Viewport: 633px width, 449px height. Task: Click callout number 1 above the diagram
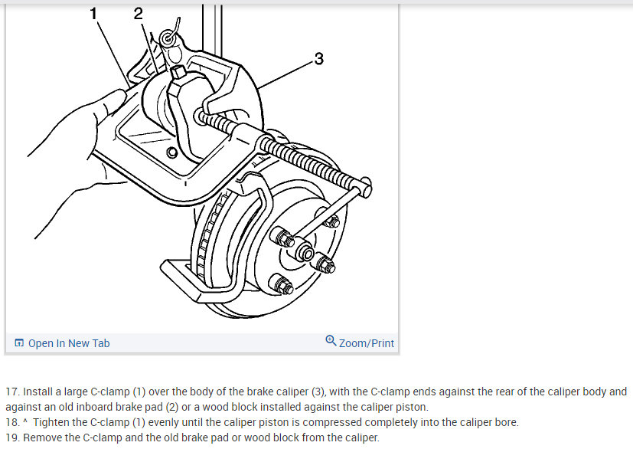[x=93, y=13]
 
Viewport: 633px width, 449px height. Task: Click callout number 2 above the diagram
[x=138, y=13]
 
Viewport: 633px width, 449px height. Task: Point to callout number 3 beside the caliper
[x=318, y=59]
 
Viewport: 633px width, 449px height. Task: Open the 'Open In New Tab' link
[x=69, y=343]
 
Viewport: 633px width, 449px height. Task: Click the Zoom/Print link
[x=367, y=343]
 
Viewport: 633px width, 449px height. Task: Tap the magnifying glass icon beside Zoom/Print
[x=331, y=341]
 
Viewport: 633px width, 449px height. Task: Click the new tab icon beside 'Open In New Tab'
[x=19, y=343]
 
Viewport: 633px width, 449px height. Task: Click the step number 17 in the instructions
[x=11, y=392]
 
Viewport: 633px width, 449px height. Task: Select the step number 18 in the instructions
[x=11, y=422]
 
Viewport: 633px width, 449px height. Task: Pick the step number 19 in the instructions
[x=11, y=438]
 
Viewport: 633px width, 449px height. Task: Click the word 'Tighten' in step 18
[x=54, y=422]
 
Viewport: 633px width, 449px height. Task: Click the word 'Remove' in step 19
[x=43, y=438]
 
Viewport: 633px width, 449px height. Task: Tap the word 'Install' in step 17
[x=38, y=392]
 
